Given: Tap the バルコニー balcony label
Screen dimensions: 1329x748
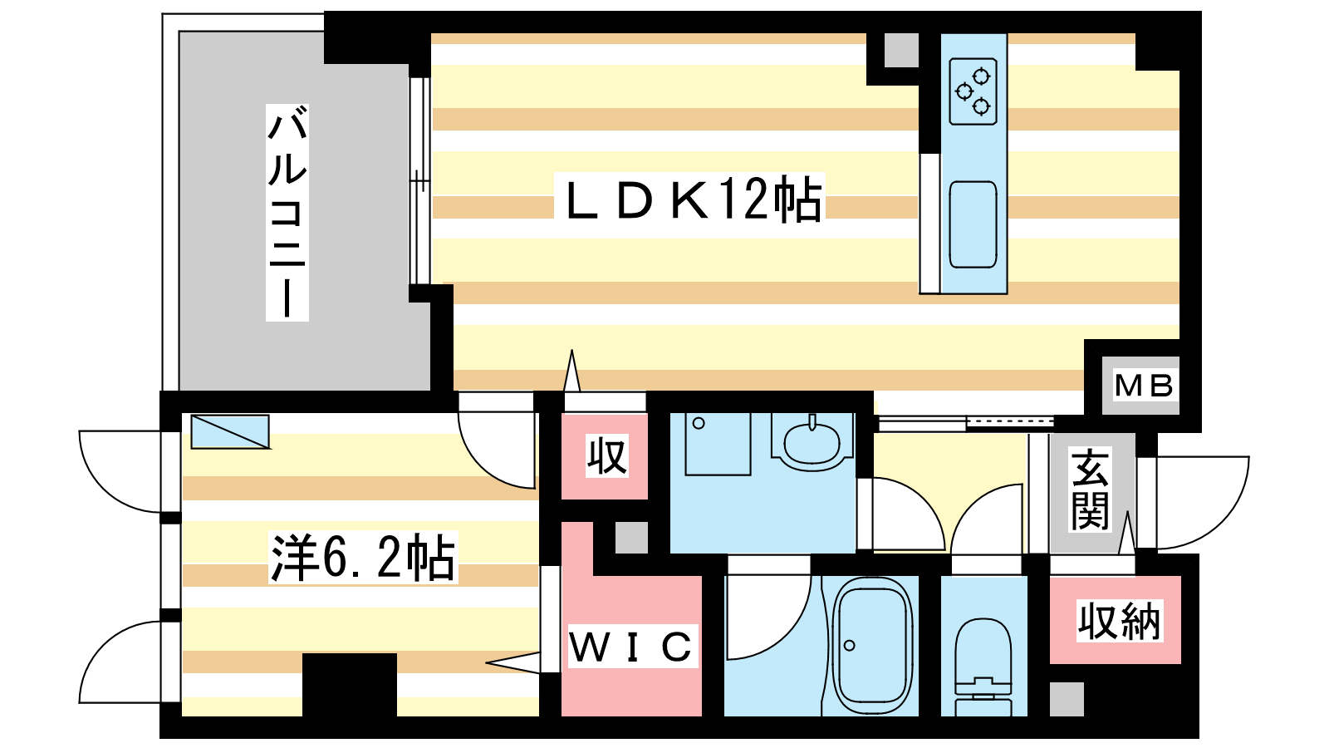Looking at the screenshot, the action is pyautogui.click(x=287, y=212).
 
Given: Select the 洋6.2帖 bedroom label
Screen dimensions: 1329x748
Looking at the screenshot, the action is pyautogui.click(x=363, y=558).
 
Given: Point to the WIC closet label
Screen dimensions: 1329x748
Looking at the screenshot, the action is pyautogui.click(x=631, y=646).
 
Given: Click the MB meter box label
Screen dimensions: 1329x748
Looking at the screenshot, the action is pyautogui.click(x=1143, y=386).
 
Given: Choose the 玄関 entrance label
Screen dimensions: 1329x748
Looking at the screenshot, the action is pyautogui.click(x=1090, y=490).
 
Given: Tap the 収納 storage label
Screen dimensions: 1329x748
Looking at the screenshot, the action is pyautogui.click(x=1119, y=621).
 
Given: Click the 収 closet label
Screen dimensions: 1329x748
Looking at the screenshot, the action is pyautogui.click(x=606, y=456).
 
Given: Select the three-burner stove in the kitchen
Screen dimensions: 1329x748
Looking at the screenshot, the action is pyautogui.click(x=973, y=91).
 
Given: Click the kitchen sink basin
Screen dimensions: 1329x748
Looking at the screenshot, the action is pyautogui.click(x=973, y=224).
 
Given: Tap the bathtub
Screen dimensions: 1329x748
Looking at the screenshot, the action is pyautogui.click(x=871, y=647).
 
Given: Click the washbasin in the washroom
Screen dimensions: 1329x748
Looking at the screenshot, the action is pyautogui.click(x=812, y=443).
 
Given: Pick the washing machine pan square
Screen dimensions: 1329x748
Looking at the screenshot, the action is pyautogui.click(x=718, y=444).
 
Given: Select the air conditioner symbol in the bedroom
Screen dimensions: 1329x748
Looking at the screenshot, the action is pyautogui.click(x=230, y=431).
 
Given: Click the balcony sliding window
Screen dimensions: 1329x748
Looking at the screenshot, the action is pyautogui.click(x=419, y=181).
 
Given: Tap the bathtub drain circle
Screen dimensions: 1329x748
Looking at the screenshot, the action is pyautogui.click(x=849, y=645).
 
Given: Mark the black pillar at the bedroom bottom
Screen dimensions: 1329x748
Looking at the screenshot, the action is pyautogui.click(x=350, y=685).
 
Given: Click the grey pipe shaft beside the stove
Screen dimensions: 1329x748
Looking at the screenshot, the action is pyautogui.click(x=901, y=50).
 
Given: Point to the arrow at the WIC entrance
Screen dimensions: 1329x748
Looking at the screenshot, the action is pyautogui.click(x=513, y=662).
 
